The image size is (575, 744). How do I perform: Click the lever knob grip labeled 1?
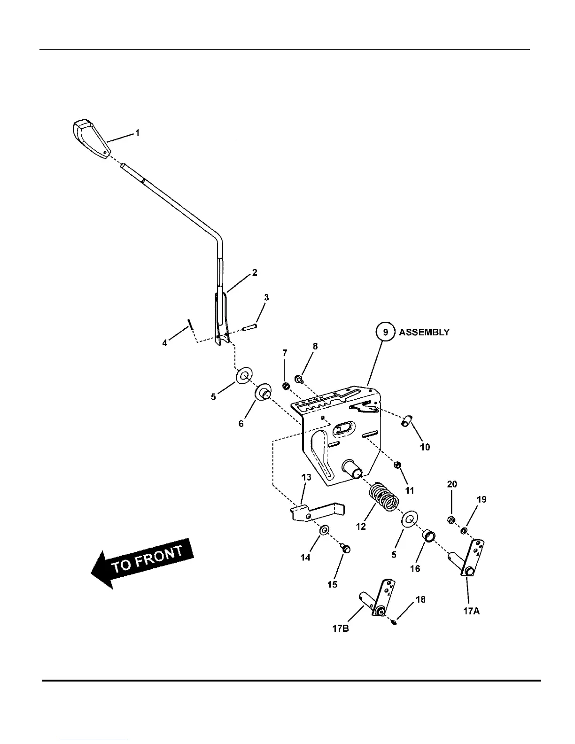point(91,139)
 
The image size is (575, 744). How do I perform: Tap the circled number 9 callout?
point(385,332)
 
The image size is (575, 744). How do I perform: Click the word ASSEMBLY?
point(424,332)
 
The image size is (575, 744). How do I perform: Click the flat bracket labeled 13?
point(317,512)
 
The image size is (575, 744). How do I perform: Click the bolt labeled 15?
point(345,549)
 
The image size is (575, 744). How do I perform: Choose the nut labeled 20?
point(450,519)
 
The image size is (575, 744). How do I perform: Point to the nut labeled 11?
point(396,465)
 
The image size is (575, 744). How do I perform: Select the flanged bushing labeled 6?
point(262,393)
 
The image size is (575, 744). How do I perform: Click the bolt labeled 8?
point(298,378)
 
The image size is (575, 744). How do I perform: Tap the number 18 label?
point(420,600)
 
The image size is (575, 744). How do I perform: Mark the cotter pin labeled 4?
point(189,325)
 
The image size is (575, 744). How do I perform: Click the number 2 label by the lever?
point(255,272)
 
